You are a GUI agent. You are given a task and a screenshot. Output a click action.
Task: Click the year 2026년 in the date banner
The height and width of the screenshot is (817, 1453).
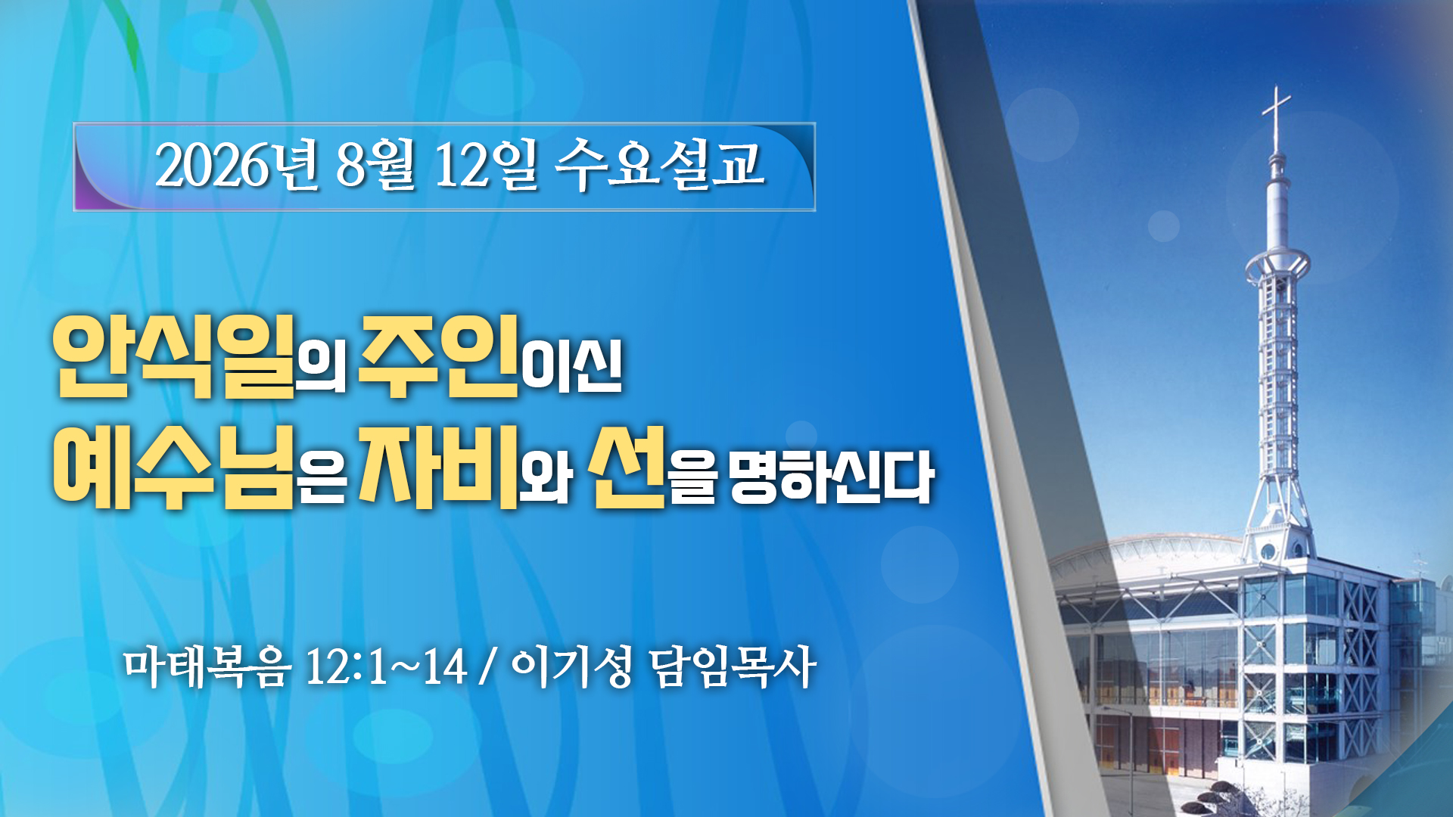coord(237,165)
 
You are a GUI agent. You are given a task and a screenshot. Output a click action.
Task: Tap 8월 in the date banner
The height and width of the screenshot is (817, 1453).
coord(375,165)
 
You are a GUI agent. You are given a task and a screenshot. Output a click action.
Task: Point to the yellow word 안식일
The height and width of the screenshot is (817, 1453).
coord(173,356)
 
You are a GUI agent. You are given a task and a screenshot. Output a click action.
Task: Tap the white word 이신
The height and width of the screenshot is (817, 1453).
coord(573,368)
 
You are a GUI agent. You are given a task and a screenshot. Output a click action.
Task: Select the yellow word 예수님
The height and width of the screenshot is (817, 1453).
coord(173,466)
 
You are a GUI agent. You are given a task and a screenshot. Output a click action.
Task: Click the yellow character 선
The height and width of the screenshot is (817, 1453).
coord(629,466)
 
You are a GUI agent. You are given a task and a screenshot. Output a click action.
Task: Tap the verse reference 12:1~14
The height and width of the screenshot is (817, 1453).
coord(386,667)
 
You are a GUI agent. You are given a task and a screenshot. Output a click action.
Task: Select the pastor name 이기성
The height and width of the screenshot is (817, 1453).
coord(572,667)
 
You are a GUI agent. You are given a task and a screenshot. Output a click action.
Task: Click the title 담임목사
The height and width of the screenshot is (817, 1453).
coord(733,667)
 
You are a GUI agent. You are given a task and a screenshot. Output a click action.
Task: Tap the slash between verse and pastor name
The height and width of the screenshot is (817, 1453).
coord(488,667)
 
